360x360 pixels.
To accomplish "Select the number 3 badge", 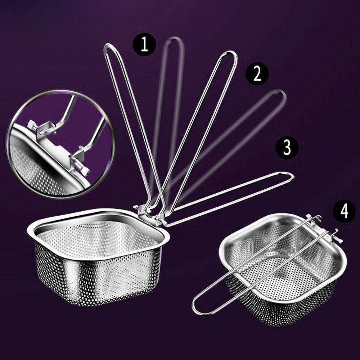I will point(287,148).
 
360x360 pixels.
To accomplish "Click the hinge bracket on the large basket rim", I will point(148,212).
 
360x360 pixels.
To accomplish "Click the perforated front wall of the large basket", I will point(97,277).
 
